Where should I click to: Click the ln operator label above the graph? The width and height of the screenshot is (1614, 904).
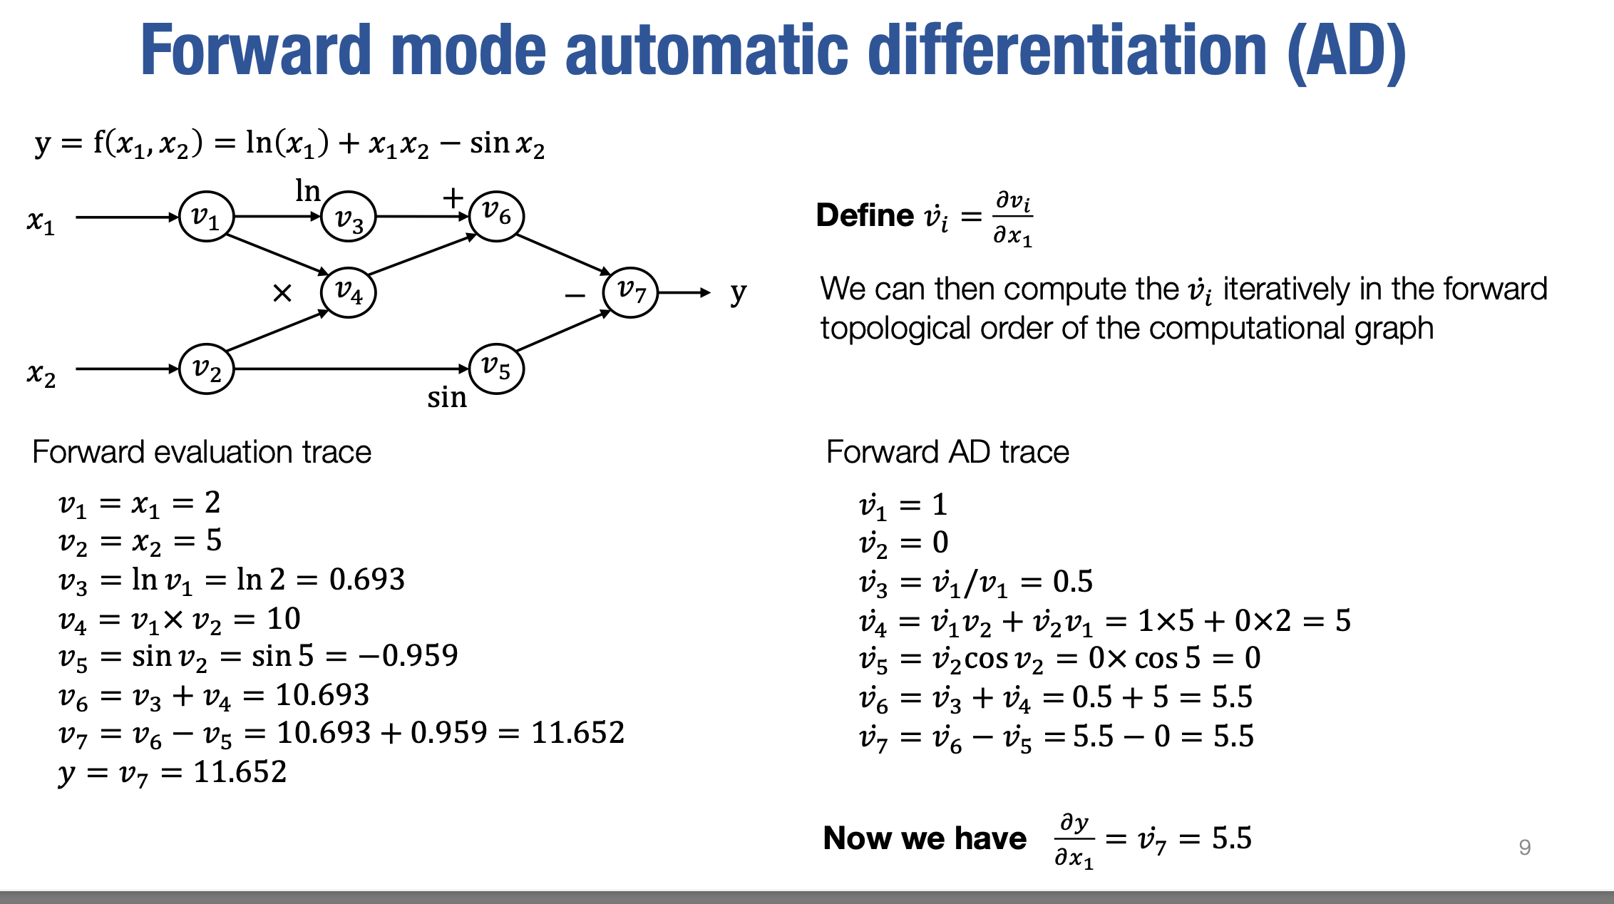[x=308, y=191]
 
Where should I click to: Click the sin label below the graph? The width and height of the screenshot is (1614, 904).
[x=447, y=398]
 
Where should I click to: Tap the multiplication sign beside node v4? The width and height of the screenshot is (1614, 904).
[x=282, y=293]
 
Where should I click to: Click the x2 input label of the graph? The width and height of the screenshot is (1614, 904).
[x=41, y=374]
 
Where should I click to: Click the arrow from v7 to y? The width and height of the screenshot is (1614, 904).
[x=684, y=292]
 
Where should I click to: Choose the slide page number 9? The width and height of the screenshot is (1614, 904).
[x=1525, y=847]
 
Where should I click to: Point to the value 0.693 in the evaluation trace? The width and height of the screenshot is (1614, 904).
[x=367, y=580]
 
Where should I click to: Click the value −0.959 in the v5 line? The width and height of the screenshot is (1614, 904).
[x=408, y=656]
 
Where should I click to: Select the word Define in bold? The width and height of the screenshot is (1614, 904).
[x=865, y=215]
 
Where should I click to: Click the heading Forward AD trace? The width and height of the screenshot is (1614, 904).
[x=947, y=452]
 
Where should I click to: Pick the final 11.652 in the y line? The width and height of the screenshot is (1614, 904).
[x=240, y=772]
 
